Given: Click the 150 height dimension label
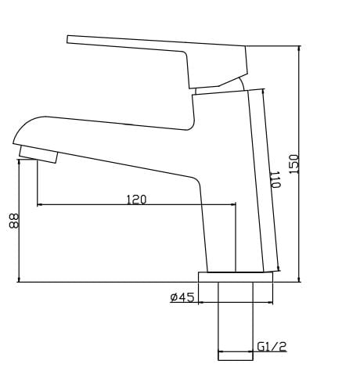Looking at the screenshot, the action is click(x=293, y=164).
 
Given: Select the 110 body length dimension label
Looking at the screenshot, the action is click(x=275, y=179).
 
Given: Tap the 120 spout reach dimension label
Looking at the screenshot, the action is click(x=136, y=200).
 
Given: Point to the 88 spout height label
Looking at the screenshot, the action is click(x=14, y=222).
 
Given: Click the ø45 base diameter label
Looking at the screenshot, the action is click(x=182, y=297).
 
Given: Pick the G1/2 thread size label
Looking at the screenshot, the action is click(x=272, y=347).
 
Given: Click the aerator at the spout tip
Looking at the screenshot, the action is click(x=38, y=154).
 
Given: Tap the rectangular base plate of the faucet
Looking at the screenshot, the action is click(x=236, y=277).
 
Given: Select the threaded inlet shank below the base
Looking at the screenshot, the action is click(x=236, y=321).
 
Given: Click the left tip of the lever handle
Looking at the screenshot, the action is click(x=67, y=39).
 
